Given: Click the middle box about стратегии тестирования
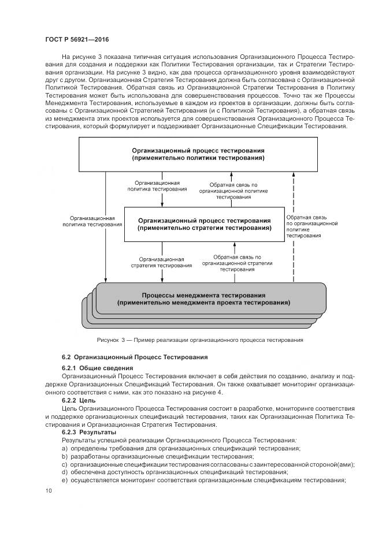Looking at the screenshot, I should click(204, 224).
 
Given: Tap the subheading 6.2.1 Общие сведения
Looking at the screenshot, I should click(98, 368).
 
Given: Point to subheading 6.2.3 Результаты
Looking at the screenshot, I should click(90, 432).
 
